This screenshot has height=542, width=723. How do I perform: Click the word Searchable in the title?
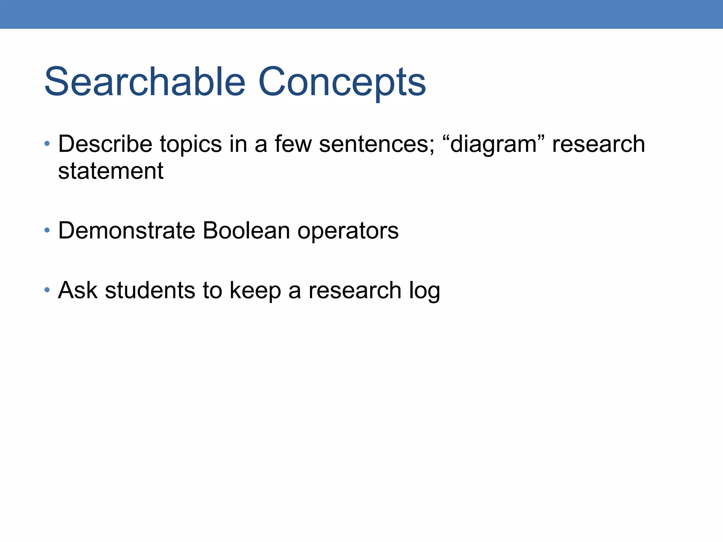(x=145, y=82)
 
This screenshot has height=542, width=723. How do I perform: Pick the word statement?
(x=110, y=171)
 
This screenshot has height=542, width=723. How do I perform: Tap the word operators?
(x=348, y=231)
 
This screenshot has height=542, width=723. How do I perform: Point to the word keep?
(x=255, y=291)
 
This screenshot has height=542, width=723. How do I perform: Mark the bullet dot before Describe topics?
(x=47, y=144)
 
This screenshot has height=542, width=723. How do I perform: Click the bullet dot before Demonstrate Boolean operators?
(x=47, y=230)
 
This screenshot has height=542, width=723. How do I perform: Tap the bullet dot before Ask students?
(x=47, y=290)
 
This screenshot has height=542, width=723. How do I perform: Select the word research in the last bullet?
(x=355, y=291)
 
